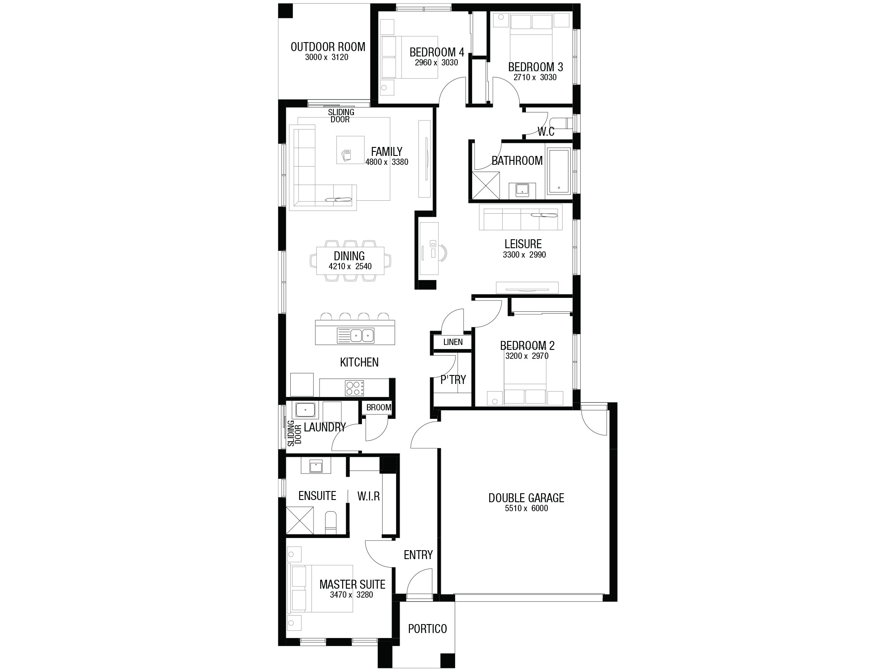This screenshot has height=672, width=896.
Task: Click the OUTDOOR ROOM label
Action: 328,47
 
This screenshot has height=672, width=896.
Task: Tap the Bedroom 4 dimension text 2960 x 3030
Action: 436,63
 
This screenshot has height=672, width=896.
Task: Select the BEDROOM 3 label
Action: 535,67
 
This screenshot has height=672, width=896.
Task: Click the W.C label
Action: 546,132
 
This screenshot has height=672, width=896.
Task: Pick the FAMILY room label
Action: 387,152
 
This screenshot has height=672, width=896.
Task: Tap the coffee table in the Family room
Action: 350,150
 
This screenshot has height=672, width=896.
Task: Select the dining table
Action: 350,261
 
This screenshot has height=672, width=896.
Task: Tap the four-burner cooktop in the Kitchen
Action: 354,388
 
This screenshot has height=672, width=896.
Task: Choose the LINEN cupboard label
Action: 453,342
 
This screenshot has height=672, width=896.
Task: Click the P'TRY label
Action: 453,380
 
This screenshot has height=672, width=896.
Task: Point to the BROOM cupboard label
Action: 379,408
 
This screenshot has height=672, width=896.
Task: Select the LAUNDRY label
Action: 325,427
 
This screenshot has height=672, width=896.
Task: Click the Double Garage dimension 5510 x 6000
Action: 526,508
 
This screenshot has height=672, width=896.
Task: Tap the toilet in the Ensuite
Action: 331,522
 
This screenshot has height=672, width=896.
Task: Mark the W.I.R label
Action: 369,496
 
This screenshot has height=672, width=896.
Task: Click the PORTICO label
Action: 427,629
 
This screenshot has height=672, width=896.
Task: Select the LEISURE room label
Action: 523,244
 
